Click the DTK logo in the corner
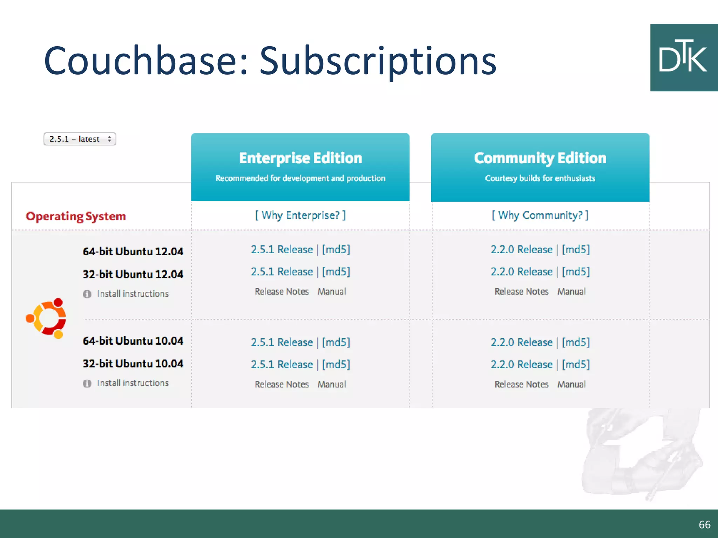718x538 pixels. (x=684, y=57)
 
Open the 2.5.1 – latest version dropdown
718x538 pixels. (x=80, y=139)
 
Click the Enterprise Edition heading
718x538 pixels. (x=300, y=158)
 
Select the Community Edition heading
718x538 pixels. (x=540, y=158)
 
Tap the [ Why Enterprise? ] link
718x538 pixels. (x=300, y=215)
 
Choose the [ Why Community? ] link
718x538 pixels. (x=540, y=215)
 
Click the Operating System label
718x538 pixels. (x=76, y=216)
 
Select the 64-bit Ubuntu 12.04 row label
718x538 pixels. (x=133, y=251)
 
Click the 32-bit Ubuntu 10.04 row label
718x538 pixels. (x=133, y=364)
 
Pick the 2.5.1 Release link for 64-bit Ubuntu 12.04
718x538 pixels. (x=282, y=249)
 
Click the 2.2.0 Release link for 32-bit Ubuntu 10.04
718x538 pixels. (x=521, y=364)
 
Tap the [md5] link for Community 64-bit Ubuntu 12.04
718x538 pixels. (x=576, y=249)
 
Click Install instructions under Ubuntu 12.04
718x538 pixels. (x=133, y=294)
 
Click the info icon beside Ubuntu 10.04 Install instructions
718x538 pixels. (x=87, y=384)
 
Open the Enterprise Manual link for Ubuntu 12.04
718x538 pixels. (x=332, y=291)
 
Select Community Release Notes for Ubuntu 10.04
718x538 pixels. (x=521, y=384)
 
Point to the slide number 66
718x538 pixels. (x=704, y=524)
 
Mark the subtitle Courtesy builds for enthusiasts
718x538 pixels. (x=540, y=178)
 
